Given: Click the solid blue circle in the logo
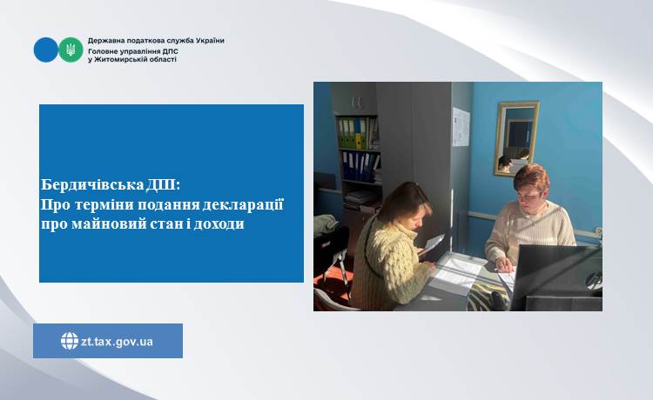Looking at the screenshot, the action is point(46,50).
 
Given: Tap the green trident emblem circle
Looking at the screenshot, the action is point(71,50).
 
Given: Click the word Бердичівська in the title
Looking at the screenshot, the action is point(92,184).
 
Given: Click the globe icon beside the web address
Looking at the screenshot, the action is point(70,341).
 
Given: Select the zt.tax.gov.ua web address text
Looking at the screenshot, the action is point(117,342).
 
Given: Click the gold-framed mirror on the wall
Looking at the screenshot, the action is point(516,138).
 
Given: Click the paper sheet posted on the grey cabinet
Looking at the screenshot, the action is point(461,127).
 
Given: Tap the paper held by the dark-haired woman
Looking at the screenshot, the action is point(432,244).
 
